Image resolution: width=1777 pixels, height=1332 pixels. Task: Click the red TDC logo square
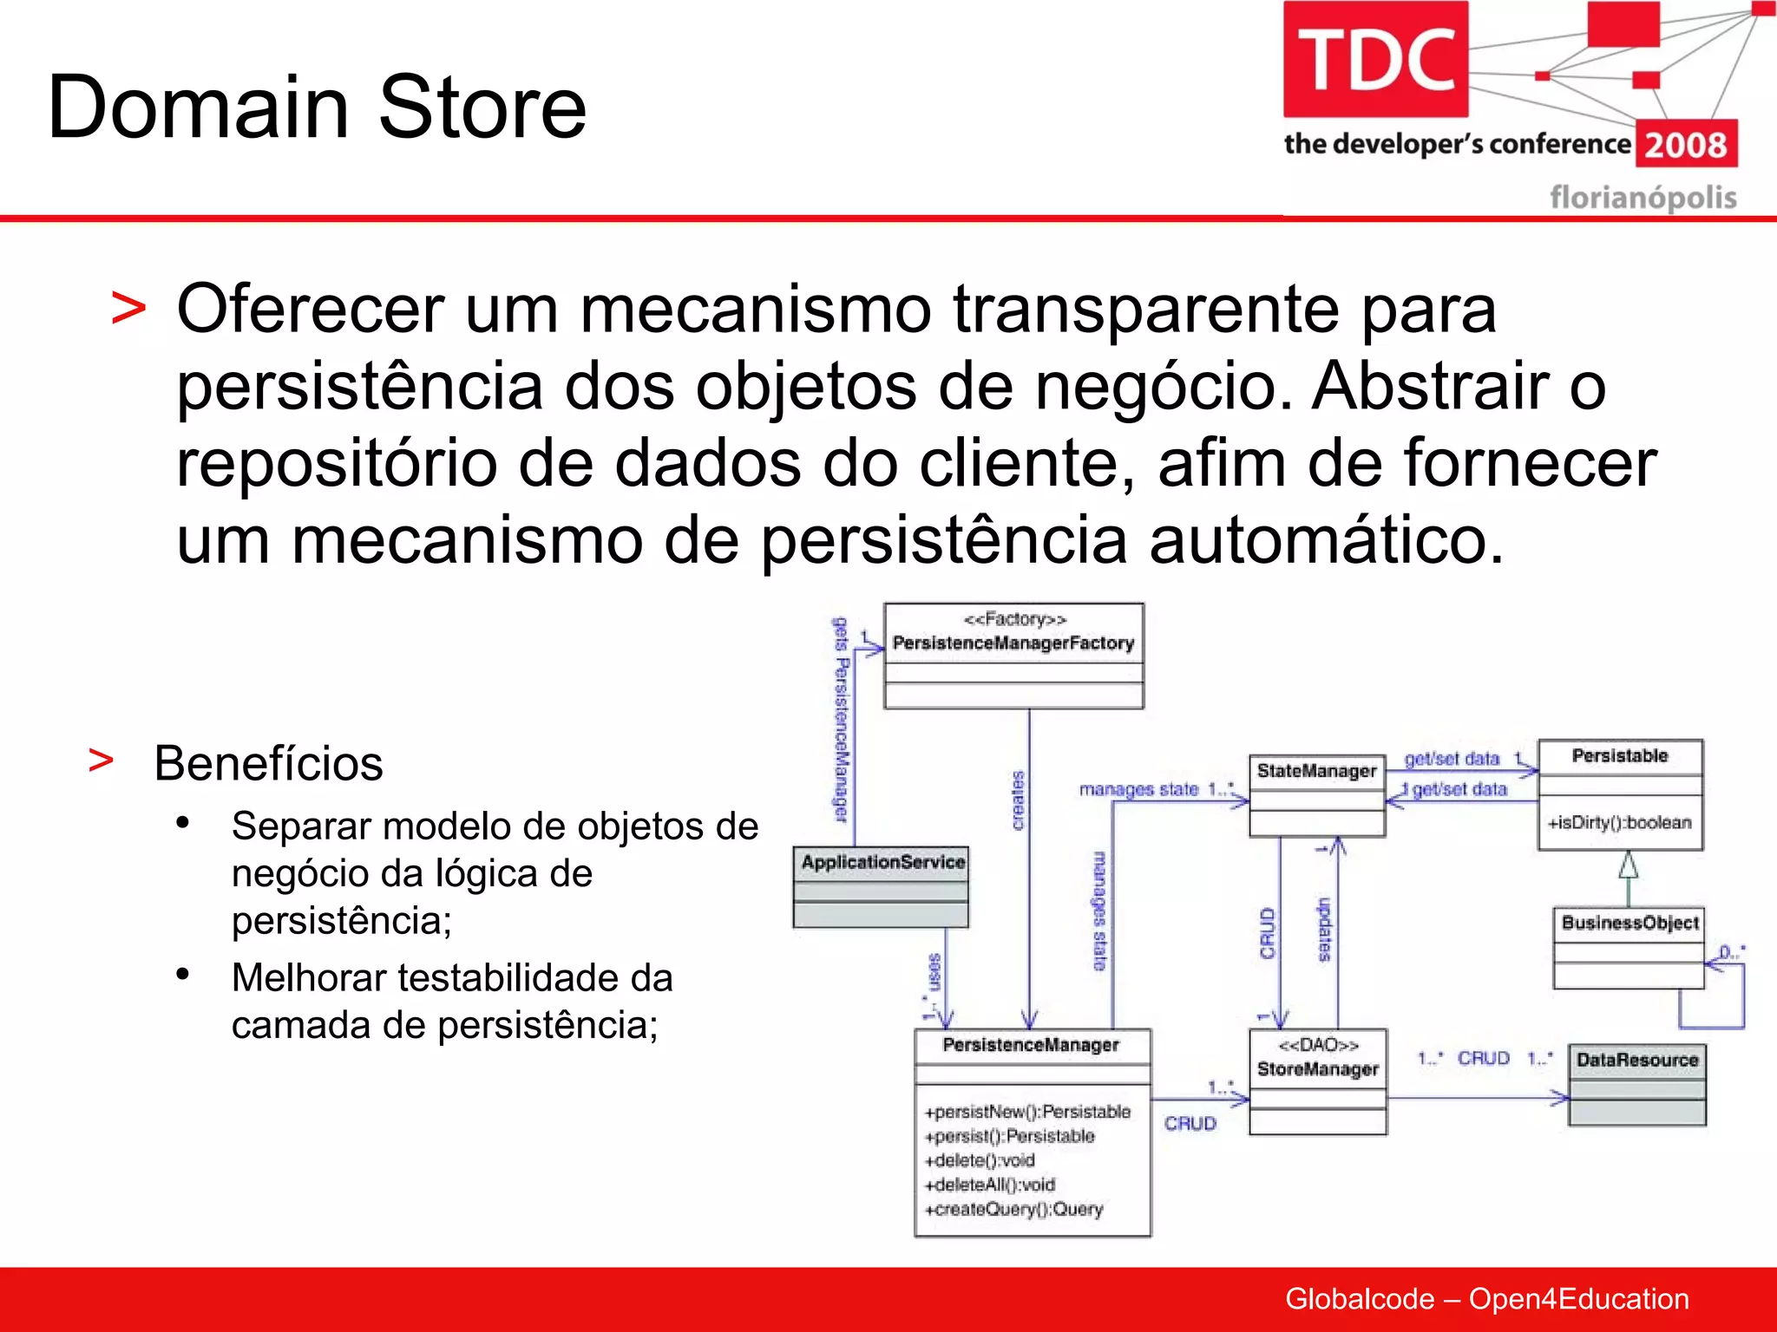[1375, 59]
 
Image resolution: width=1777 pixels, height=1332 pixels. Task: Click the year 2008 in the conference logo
[1685, 145]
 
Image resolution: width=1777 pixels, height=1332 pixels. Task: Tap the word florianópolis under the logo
[1643, 198]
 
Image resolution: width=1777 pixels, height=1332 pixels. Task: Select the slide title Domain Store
[317, 108]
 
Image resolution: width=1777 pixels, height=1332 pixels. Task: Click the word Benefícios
[268, 764]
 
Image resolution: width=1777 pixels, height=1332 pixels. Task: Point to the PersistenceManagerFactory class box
[1013, 656]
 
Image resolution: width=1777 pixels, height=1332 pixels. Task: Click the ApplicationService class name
[882, 862]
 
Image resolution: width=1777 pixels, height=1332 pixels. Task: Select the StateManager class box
[1316, 795]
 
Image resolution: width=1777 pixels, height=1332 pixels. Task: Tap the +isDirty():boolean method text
[1619, 822]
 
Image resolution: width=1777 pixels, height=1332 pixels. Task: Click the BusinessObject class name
[1629, 923]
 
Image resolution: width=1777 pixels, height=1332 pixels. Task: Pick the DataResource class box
[1637, 1084]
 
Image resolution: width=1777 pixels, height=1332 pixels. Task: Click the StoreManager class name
[1317, 1069]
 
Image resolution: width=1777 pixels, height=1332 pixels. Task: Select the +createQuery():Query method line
[1013, 1209]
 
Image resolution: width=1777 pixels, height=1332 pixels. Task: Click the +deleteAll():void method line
[989, 1185]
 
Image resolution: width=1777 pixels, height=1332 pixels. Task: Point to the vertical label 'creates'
[1019, 800]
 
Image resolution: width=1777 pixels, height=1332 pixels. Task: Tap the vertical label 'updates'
[1324, 930]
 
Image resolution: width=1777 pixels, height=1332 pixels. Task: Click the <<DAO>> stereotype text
[1318, 1045]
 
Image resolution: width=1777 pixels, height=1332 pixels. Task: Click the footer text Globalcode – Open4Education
[1486, 1299]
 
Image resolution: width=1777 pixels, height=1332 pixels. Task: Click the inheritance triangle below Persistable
[1629, 865]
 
